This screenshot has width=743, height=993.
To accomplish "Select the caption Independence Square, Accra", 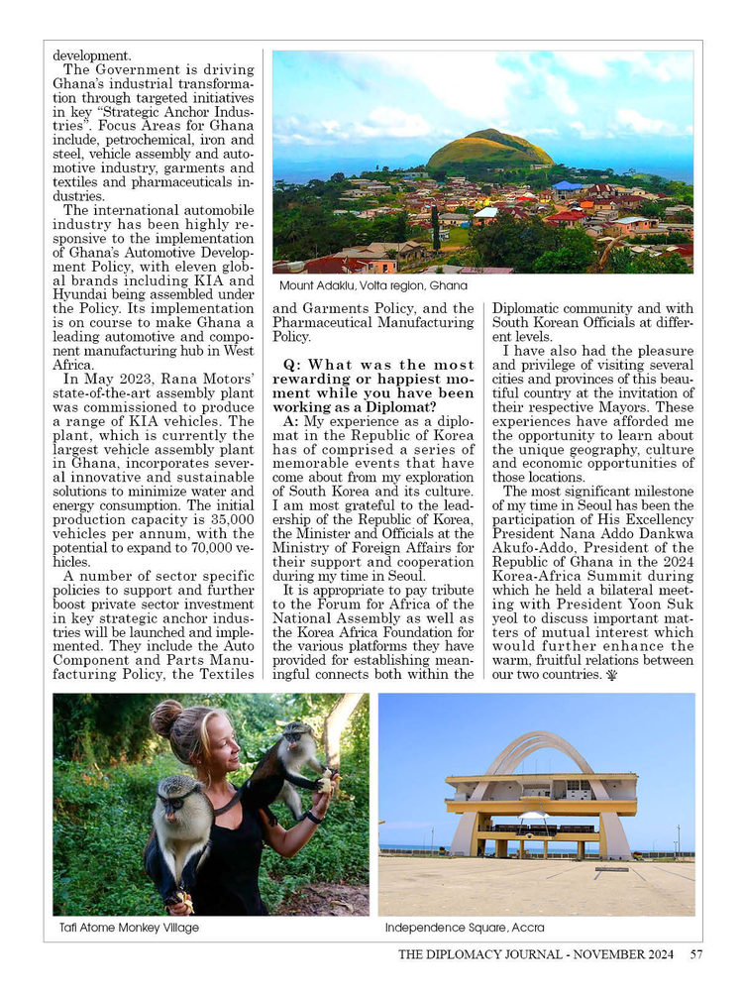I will (464, 928).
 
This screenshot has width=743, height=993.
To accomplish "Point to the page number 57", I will (696, 955).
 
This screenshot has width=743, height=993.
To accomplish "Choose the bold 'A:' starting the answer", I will (291, 421).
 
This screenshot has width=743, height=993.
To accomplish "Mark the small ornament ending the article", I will (610, 675).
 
